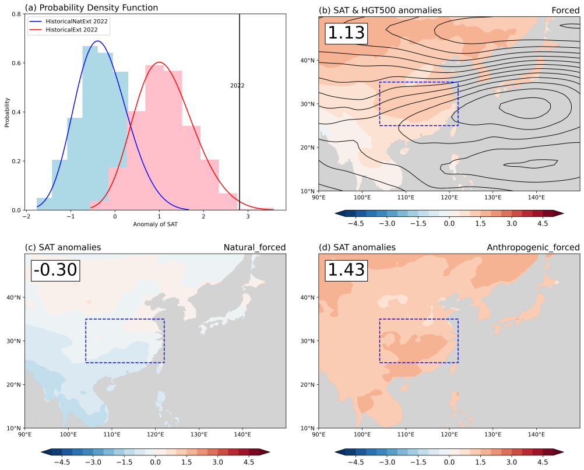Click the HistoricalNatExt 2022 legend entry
tap(76, 21)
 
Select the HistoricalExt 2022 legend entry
tap(72, 29)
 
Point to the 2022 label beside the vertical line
tap(237, 86)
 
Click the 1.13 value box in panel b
tap(346, 33)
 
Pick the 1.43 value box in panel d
tap(346, 270)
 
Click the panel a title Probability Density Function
tap(91, 8)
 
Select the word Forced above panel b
tap(565, 10)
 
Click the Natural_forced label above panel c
tap(255, 247)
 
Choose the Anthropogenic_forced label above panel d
tap(533, 247)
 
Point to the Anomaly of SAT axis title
tap(155, 225)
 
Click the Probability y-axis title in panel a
tap(8, 112)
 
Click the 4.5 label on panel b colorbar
tap(542, 223)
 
